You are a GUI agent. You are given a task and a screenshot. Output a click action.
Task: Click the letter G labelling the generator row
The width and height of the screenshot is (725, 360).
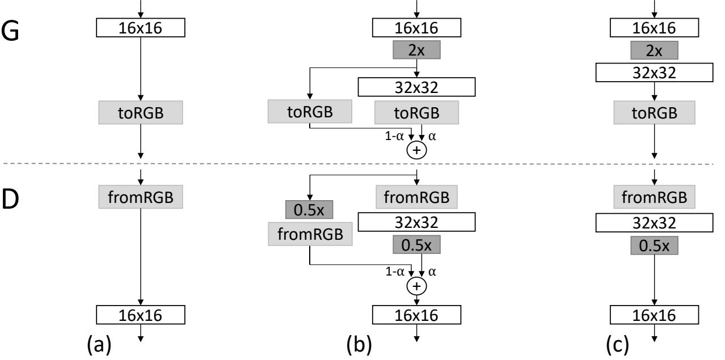point(14,30)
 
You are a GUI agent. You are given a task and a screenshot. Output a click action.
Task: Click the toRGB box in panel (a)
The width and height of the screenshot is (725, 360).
point(140,112)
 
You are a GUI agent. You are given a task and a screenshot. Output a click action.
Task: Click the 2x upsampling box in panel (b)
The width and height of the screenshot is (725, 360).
point(417,50)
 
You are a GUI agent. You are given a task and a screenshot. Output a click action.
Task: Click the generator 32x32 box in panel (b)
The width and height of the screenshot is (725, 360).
point(416,87)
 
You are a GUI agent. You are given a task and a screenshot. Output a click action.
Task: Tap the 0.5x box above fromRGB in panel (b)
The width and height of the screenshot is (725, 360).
point(309,210)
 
